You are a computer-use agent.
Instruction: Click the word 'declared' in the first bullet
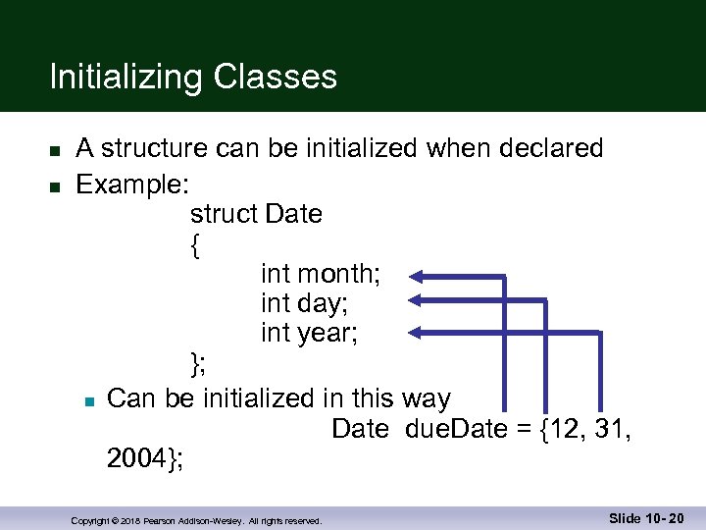[551, 148]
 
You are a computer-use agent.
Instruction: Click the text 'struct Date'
[256, 214]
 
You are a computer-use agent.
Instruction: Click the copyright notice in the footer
[196, 521]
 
